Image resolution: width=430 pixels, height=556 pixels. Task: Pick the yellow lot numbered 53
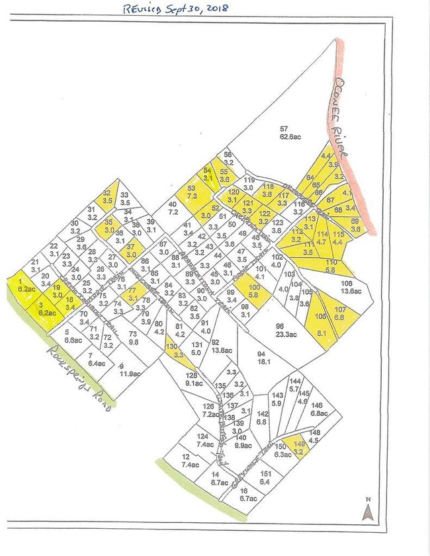point(193,193)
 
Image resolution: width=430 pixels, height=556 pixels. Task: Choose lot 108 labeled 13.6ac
point(350,288)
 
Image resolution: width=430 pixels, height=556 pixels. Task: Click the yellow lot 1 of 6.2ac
point(21,285)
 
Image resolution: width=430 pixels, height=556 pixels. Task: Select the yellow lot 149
point(298,448)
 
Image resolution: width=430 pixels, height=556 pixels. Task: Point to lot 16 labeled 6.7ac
point(243,494)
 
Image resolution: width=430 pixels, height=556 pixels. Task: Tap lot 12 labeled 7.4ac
point(187,461)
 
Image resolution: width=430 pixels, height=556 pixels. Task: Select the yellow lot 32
point(107,196)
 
